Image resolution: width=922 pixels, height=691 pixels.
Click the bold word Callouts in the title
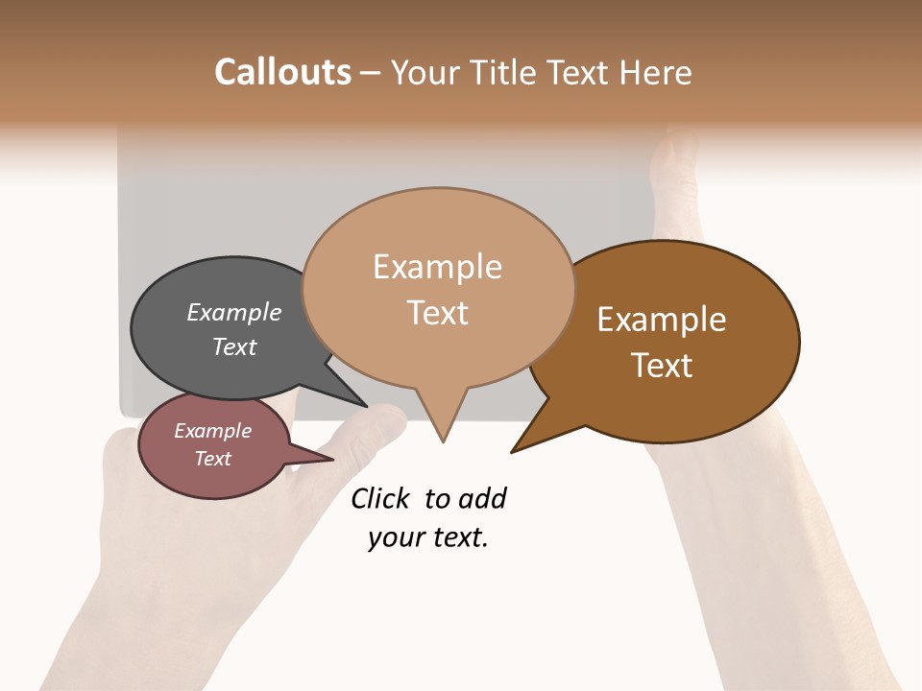[x=282, y=72]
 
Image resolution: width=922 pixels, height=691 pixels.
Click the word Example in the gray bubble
[x=234, y=313]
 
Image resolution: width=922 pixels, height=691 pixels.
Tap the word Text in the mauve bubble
[x=213, y=459]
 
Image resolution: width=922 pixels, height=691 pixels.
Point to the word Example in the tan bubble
[x=438, y=267]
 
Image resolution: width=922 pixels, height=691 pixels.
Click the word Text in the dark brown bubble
[x=662, y=366]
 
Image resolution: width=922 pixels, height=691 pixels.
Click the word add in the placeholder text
[x=482, y=499]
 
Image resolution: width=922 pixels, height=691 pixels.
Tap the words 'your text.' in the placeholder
[x=428, y=537]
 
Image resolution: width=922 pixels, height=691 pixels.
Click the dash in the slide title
[x=371, y=72]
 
